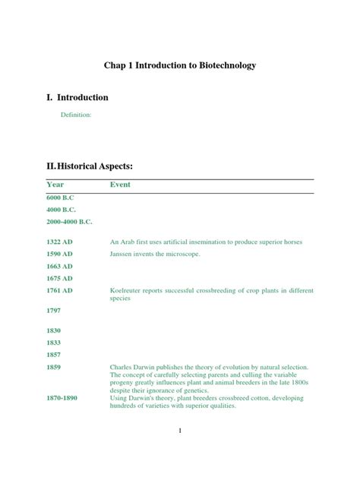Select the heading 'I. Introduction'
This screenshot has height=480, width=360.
pyautogui.click(x=77, y=98)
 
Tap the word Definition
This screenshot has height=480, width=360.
pyautogui.click(x=76, y=115)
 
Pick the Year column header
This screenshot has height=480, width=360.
pyautogui.click(x=55, y=185)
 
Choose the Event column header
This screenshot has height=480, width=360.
pyautogui.click(x=120, y=185)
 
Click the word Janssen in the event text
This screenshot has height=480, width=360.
pyautogui.click(x=124, y=254)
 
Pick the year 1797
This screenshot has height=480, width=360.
pyautogui.click(x=54, y=311)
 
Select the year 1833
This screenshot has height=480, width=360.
pyautogui.click(x=54, y=343)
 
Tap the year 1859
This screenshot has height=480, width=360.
pyautogui.click(x=54, y=367)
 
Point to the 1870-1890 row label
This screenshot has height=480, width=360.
pyautogui.click(x=65, y=398)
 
